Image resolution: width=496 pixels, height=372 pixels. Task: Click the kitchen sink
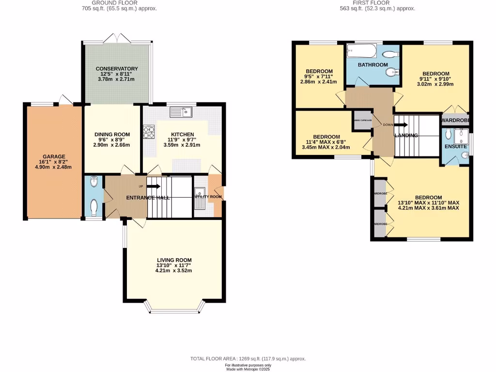(x=181, y=112)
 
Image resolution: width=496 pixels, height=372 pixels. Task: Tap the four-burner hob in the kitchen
(x=148, y=132)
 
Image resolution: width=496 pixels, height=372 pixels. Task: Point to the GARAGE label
(x=53, y=156)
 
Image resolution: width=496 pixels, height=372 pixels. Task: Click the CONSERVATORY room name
(x=117, y=69)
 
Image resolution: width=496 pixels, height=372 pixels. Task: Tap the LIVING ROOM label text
(x=174, y=260)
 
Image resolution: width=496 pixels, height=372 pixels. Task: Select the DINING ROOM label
(x=112, y=134)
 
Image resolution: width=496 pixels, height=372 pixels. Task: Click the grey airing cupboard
(x=362, y=120)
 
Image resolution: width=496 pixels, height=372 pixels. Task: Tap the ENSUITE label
(x=455, y=146)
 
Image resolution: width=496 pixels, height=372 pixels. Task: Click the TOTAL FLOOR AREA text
(x=248, y=359)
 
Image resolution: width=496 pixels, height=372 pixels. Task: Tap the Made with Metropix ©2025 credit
(x=248, y=369)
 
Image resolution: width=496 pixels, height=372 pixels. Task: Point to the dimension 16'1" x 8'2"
(x=53, y=162)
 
